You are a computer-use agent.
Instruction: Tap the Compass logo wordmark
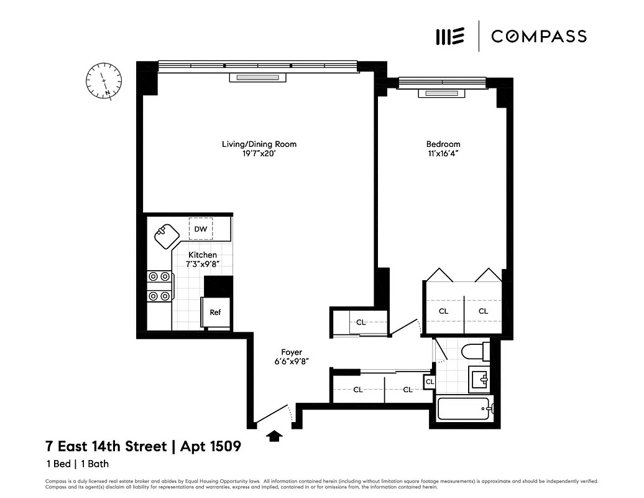coord(538,36)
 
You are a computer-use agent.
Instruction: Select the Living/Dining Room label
coord(259,144)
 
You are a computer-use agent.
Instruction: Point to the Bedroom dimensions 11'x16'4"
coord(443,153)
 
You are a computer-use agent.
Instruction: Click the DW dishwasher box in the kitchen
coord(200,229)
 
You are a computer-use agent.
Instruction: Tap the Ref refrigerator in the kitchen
coord(214,312)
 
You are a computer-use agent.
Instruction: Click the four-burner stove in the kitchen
coord(159,286)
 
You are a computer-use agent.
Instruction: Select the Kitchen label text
coord(203,255)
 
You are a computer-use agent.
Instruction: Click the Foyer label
coord(291,352)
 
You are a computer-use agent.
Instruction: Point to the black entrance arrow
coord(274,435)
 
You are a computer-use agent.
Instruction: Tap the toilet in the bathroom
coord(475,352)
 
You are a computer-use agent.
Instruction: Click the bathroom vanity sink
coord(479,377)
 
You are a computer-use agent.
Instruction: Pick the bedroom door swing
coord(407,327)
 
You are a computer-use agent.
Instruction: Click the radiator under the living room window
coord(258,77)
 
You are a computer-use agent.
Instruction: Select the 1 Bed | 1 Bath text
coord(77,464)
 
